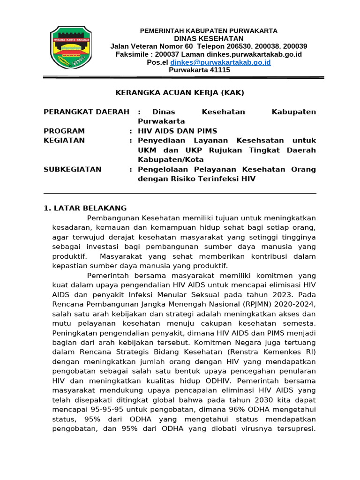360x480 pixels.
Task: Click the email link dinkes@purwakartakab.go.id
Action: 220,62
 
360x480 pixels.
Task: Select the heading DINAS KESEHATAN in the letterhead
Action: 209,38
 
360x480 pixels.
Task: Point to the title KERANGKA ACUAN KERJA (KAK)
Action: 180,93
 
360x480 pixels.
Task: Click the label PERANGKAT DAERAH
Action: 86,112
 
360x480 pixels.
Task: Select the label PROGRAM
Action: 64,131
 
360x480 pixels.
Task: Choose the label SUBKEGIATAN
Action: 72,169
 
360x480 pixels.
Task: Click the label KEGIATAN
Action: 64,140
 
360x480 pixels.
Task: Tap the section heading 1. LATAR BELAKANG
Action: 85,208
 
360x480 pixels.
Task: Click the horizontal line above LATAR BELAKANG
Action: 180,193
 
